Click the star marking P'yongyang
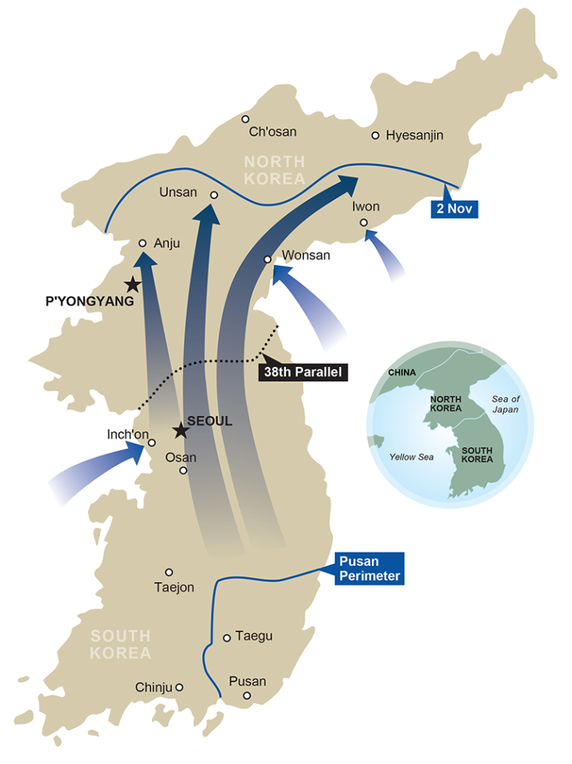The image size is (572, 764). point(132,284)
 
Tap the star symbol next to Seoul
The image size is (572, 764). point(179,430)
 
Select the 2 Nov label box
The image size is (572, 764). point(455,208)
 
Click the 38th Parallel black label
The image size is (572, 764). point(302,372)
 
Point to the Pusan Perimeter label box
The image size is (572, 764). point(369,569)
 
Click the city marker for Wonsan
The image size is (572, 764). point(267,260)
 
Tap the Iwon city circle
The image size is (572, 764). point(364,222)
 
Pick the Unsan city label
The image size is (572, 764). point(178,192)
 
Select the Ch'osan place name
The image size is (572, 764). point(273,132)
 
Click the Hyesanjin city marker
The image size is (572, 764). point(376,135)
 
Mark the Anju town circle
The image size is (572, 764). point(142,243)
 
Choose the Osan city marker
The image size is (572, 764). point(183,471)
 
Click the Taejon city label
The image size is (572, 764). point(174,587)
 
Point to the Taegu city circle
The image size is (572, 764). point(227,637)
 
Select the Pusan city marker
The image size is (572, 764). point(247,696)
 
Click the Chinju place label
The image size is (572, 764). point(154,687)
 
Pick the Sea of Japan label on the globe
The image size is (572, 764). point(506,404)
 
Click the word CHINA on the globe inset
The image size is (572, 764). point(402,372)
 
